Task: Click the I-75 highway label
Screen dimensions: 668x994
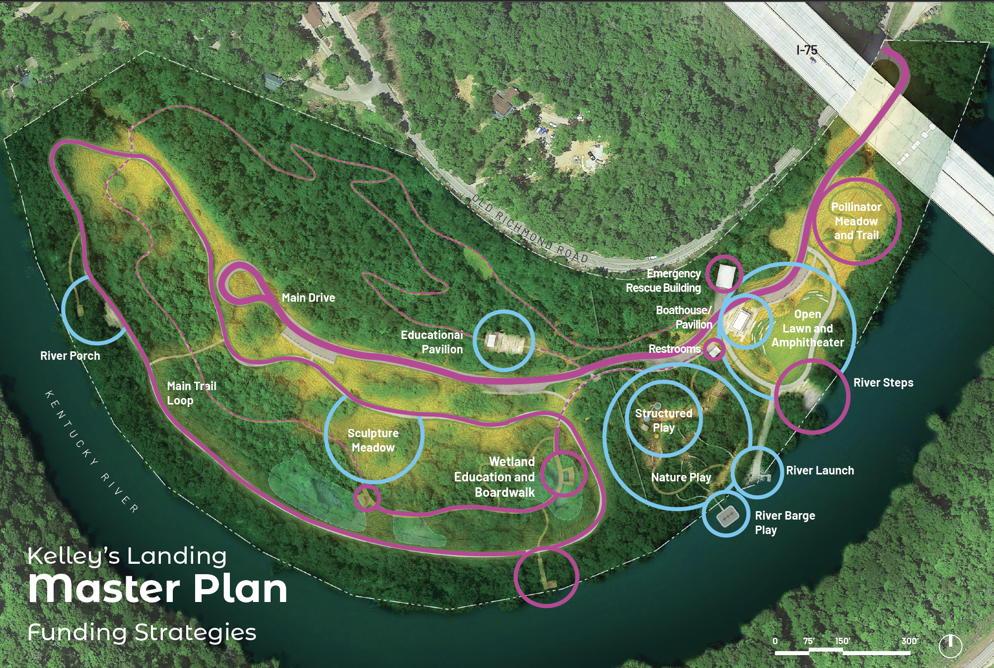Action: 806,50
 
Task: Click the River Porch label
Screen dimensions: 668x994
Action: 70,356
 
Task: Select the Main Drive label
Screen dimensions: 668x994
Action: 308,298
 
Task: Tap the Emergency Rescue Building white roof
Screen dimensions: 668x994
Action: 725,275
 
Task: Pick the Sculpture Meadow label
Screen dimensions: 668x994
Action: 373,440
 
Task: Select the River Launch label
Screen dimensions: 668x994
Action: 820,470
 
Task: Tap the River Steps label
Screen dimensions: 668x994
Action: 883,383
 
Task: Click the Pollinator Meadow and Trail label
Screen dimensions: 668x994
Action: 856,221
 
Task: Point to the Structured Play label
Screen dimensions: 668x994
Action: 663,420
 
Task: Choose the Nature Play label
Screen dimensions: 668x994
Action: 681,477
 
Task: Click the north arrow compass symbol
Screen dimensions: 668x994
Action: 950,646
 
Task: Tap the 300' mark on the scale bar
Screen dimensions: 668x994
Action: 910,641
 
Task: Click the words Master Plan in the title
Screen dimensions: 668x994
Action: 158,589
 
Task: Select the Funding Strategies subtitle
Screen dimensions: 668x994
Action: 142,633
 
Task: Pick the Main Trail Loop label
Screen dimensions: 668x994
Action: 191,393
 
